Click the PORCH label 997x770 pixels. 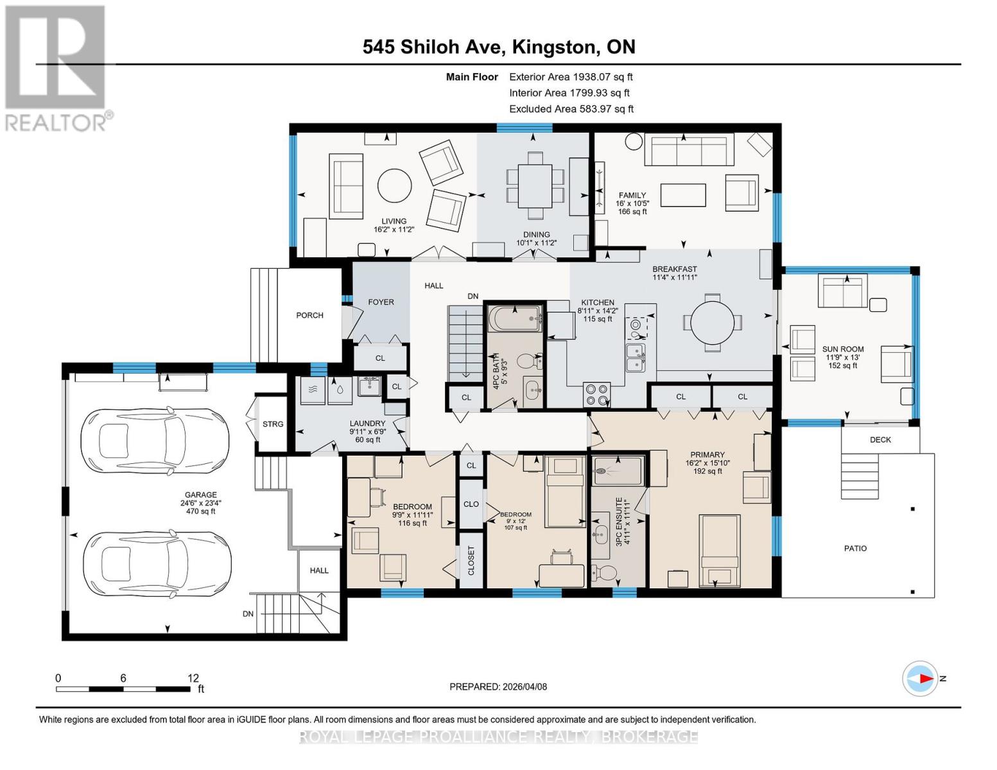(309, 315)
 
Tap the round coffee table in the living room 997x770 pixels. (394, 185)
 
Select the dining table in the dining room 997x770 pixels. (535, 185)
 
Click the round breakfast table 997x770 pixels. (712, 323)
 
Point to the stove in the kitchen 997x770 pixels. (596, 395)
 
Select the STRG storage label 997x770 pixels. (273, 424)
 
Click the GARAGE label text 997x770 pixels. (200, 495)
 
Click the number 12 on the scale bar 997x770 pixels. (193, 678)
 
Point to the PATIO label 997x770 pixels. (855, 548)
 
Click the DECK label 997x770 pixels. (880, 440)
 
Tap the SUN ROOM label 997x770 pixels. (843, 349)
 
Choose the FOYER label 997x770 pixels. (381, 302)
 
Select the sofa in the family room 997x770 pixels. (689, 149)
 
